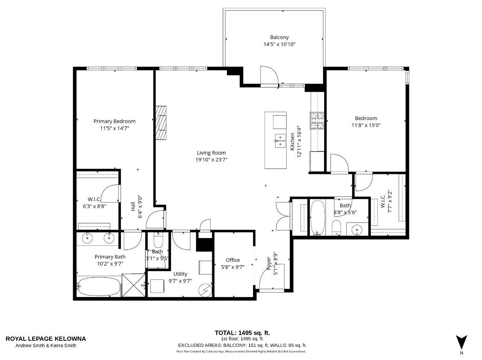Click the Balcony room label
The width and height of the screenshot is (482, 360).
[279, 37]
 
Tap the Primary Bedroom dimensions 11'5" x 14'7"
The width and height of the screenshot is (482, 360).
[114, 128]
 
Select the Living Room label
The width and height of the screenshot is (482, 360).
[211, 153]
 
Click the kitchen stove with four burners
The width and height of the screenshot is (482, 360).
[317, 121]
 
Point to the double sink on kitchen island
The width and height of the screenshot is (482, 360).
[280, 141]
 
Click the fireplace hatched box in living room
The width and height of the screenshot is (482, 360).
[161, 123]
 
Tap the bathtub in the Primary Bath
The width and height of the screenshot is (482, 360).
[99, 286]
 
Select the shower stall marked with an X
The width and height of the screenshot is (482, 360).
[134, 285]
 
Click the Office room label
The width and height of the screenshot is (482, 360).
[233, 260]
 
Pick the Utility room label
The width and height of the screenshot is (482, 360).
[180, 274]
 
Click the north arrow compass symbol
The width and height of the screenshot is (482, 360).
[462, 342]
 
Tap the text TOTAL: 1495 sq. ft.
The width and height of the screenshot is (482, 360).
[242, 333]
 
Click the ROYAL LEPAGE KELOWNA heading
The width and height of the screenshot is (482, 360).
[46, 339]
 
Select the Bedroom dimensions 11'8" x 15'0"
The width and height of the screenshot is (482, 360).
[366, 125]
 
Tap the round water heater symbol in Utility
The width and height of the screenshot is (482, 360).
[205, 290]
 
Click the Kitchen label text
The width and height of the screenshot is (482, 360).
[292, 142]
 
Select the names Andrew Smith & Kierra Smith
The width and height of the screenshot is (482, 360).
[46, 346]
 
